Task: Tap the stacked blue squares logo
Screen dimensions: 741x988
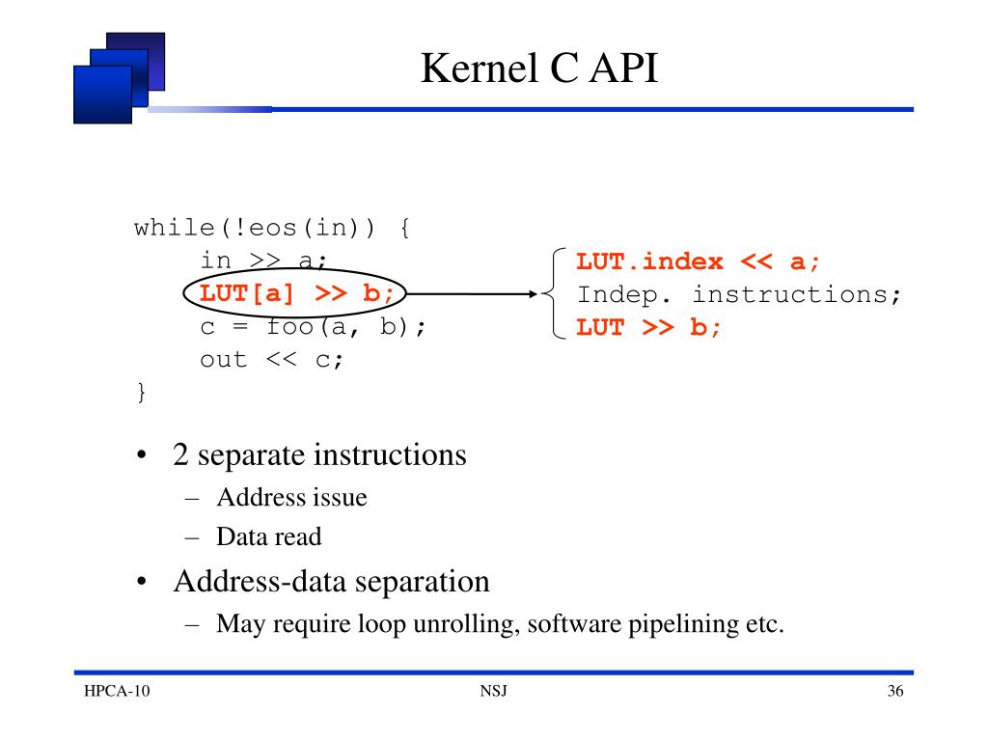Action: point(118,77)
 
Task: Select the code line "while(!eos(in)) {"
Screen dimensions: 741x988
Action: point(271,229)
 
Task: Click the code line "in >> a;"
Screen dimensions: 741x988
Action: point(264,261)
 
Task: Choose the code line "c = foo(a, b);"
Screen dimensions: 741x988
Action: point(313,326)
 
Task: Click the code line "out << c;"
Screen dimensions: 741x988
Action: point(271,359)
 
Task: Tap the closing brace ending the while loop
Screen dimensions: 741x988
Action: point(141,392)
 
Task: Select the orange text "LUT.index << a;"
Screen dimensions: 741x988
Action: point(703,261)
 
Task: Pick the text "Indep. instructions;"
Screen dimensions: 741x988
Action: point(738,293)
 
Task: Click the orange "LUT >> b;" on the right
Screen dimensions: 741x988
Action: point(648,326)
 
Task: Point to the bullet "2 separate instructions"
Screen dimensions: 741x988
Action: point(319,453)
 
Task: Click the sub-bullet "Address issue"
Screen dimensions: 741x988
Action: point(291,498)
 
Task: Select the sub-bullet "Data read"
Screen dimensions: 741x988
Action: point(268,536)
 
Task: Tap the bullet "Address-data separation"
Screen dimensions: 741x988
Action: point(331,582)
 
